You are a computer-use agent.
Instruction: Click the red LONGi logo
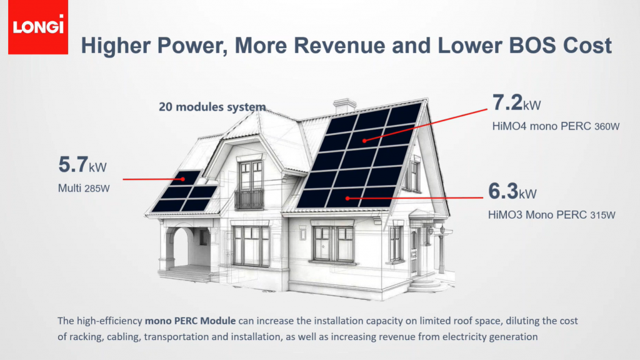(38, 27)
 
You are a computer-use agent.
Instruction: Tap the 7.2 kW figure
(516, 102)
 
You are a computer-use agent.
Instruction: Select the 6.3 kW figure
(512, 191)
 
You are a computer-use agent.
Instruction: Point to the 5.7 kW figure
(82, 164)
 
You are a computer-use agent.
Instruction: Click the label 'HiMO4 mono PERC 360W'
(556, 126)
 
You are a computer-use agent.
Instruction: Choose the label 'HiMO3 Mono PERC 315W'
(551, 215)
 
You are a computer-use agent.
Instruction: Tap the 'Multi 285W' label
(84, 188)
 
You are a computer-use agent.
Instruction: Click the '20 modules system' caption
(212, 107)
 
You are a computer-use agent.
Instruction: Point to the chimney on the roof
(344, 105)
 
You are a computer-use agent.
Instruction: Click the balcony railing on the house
(249, 199)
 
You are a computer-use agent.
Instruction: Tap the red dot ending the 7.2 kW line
(364, 141)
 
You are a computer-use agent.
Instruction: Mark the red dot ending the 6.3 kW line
(347, 198)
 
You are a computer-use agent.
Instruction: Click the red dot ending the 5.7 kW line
(183, 179)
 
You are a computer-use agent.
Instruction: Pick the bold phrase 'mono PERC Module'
(190, 321)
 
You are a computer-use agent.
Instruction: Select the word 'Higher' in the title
(116, 45)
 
